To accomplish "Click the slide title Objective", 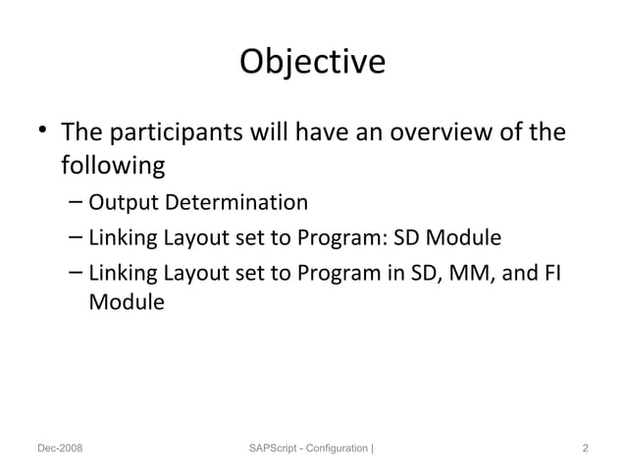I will click(312, 62).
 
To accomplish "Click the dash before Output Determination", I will click(77, 203).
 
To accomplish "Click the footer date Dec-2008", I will click(60, 448).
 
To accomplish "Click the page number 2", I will click(585, 448).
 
